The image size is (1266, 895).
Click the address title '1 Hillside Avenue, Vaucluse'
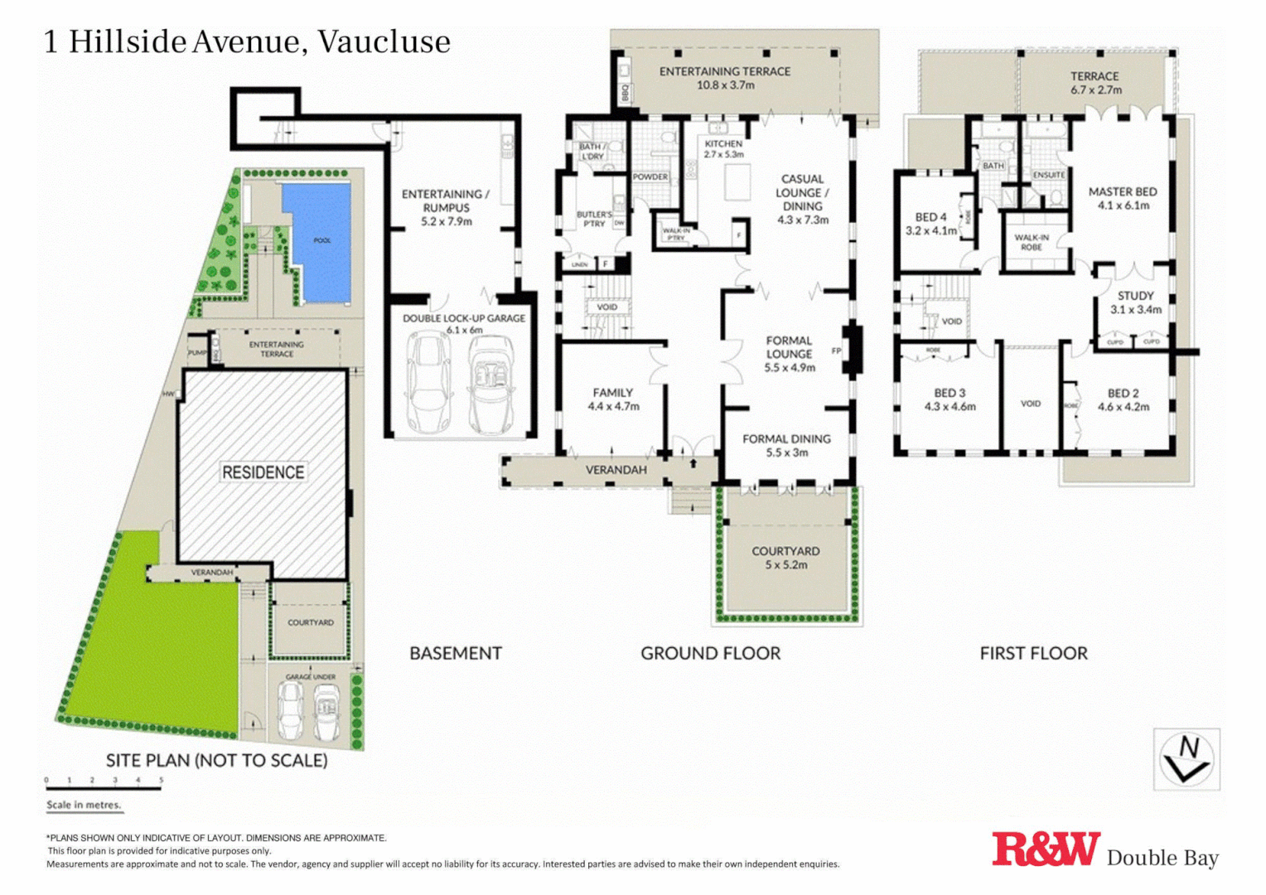tap(247, 41)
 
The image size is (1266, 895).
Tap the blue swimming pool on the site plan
tap(319, 240)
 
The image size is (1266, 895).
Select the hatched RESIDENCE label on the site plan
tap(263, 472)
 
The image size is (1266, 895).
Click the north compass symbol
tap(1186, 759)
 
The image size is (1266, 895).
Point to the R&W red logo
tap(1046, 850)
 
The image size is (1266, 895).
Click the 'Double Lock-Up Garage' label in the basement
tap(464, 323)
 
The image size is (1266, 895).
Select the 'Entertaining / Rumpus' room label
tap(446, 207)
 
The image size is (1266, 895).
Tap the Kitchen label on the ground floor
tap(723, 148)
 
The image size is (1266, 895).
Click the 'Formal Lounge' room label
tap(789, 353)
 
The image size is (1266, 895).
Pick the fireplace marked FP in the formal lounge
tap(850, 351)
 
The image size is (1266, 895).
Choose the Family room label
tap(613, 399)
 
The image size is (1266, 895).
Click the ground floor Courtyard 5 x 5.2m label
tap(785, 557)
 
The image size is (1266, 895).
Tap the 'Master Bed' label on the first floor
tap(1123, 198)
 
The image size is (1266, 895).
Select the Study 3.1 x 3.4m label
tap(1135, 302)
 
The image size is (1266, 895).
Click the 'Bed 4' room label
tap(930, 224)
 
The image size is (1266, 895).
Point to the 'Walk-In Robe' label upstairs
tap(1032, 242)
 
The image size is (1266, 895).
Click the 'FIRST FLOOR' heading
tap(1033, 653)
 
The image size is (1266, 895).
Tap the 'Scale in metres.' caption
tap(84, 805)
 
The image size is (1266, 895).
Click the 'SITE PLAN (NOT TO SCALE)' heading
tap(216, 760)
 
